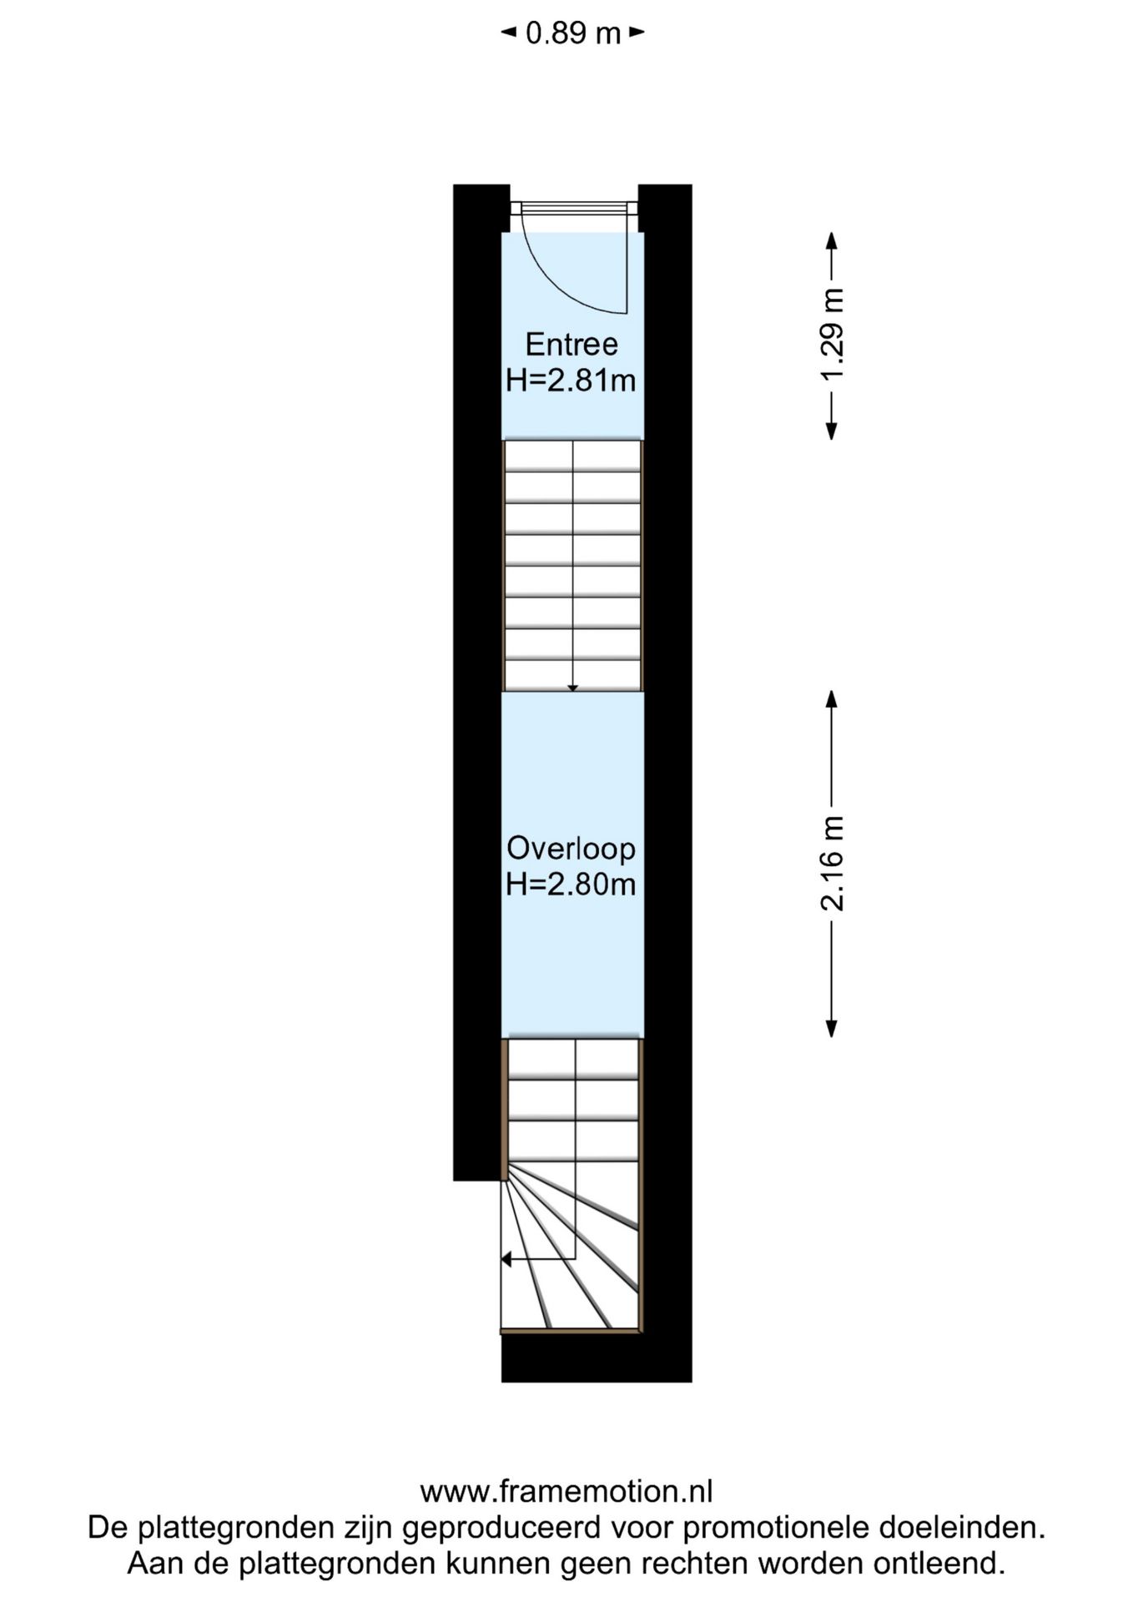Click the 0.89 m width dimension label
tap(573, 33)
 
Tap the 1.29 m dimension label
tap(833, 335)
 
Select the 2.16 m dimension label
tap(833, 863)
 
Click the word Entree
tap(572, 344)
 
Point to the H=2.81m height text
tap(572, 380)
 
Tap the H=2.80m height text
tap(572, 884)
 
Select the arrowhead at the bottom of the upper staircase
tap(572, 688)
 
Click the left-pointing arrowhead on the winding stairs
tap(506, 1258)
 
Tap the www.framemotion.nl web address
tap(566, 1491)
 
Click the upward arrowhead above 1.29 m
tap(831, 240)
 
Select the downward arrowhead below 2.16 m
tap(831, 1028)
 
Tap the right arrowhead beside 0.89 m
tap(637, 33)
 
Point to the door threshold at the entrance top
tap(574, 208)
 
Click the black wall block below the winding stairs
tap(597, 1358)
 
